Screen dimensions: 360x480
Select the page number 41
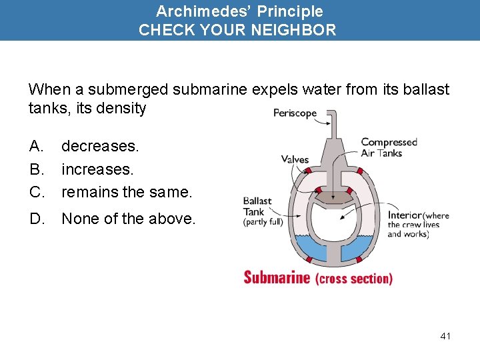445,336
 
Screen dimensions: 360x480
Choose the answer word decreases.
101,145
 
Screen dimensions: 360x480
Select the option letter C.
36,193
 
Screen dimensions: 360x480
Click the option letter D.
36,219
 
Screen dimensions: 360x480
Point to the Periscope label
295,113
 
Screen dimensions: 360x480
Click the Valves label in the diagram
295,159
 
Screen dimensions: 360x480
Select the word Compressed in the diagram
389,142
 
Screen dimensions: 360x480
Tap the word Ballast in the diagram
257,201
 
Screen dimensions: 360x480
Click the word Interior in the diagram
405,215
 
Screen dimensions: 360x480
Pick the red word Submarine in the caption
277,277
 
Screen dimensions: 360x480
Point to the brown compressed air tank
333,196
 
